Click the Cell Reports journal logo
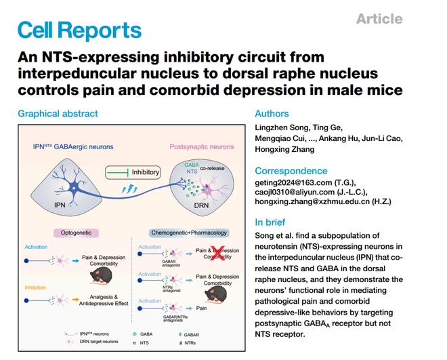pyautogui.click(x=79, y=30)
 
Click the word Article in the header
pyautogui.click(x=379, y=18)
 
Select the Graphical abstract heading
pyautogui.click(x=58, y=113)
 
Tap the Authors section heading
pyautogui.click(x=272, y=113)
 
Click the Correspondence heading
pyautogui.click(x=291, y=171)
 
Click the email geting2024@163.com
pyautogui.click(x=296, y=184)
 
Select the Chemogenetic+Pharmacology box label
pyautogui.click(x=185, y=233)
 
